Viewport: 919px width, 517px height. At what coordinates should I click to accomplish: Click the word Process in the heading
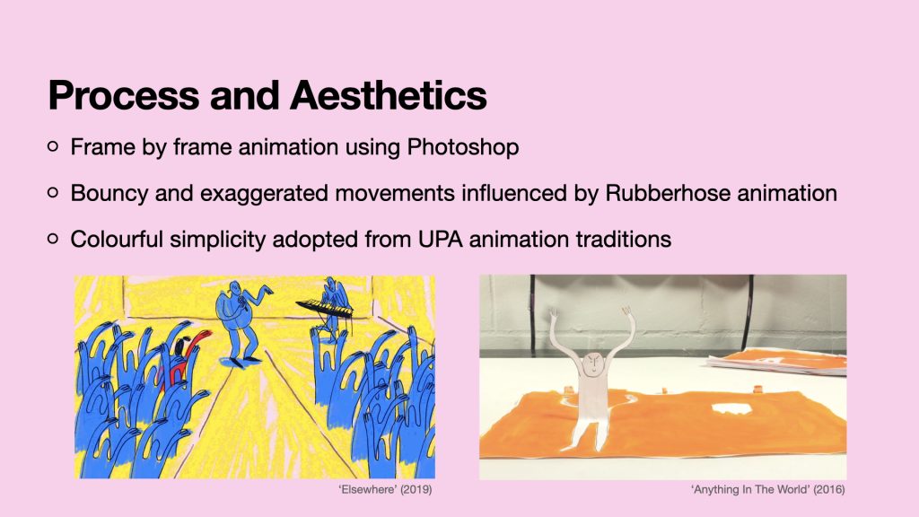tap(124, 95)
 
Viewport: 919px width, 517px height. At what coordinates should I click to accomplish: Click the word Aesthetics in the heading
tap(388, 95)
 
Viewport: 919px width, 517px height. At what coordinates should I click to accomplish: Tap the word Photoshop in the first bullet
tap(462, 147)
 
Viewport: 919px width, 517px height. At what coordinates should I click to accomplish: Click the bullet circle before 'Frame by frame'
tap(53, 146)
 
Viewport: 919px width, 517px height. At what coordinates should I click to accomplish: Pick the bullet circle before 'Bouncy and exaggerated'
tap(53, 192)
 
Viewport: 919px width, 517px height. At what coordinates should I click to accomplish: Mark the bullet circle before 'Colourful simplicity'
tap(53, 239)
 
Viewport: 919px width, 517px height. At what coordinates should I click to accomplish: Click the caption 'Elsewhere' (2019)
tap(385, 489)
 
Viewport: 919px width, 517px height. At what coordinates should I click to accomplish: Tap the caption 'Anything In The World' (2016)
tap(768, 489)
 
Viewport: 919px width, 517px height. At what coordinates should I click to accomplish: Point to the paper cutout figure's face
tap(592, 364)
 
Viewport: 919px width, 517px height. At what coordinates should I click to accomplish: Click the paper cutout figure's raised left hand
tap(627, 313)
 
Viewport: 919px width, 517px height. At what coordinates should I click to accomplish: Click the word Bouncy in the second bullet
tap(109, 194)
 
